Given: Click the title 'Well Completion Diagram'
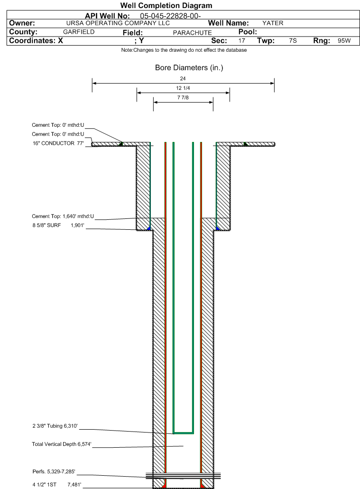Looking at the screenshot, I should click(x=166, y=6).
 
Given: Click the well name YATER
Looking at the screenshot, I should click(x=273, y=23).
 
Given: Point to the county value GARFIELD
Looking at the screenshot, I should click(x=79, y=32).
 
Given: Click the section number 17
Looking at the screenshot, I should click(x=241, y=41).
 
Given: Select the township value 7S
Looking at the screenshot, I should click(x=293, y=41).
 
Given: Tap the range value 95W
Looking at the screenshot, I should click(x=344, y=41).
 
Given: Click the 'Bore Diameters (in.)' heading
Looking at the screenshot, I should click(x=189, y=68).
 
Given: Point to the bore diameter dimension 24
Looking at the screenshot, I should click(x=183, y=78).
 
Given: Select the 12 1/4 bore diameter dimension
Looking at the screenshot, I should click(x=183, y=88).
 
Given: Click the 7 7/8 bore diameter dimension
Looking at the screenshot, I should click(x=183, y=98).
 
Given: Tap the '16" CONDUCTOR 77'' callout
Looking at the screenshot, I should click(x=58, y=143).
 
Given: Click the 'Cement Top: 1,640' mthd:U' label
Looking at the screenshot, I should click(x=63, y=216).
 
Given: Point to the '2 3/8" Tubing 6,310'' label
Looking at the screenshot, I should click(x=58, y=426).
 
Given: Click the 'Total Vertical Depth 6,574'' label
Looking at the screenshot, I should click(x=61, y=445).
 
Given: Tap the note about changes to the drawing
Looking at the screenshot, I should click(x=184, y=50).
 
